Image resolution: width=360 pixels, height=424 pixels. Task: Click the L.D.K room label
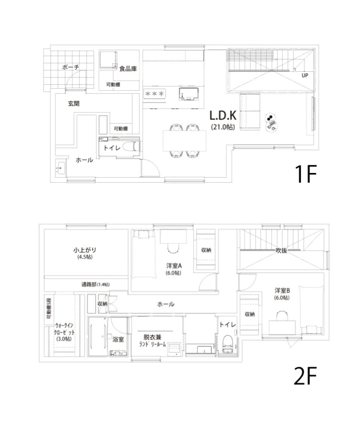(223, 115)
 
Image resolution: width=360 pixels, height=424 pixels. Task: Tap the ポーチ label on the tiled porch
(70, 67)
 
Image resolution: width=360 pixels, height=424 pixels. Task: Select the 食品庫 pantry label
(128, 69)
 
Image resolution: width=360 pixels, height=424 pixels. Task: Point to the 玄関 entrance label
(73, 103)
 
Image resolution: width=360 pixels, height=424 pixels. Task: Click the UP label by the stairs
(305, 75)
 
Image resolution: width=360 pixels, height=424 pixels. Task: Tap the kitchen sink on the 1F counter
(189, 94)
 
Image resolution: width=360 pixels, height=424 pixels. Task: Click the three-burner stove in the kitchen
(154, 94)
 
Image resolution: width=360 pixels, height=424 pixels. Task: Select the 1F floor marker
(305, 174)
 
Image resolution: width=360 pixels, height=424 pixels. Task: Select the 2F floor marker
(305, 376)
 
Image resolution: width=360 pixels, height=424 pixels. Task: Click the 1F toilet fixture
(131, 147)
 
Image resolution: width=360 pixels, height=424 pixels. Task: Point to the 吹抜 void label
(281, 251)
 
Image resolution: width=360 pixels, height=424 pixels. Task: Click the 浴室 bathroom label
(118, 339)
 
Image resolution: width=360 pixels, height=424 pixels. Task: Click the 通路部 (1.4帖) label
(95, 284)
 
